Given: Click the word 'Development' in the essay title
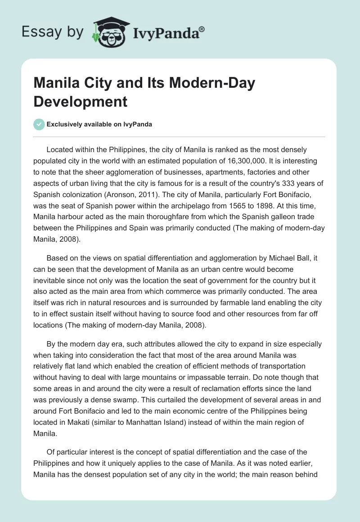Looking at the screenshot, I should point(81,101).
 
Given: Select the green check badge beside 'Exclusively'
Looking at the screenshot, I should point(39,124).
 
